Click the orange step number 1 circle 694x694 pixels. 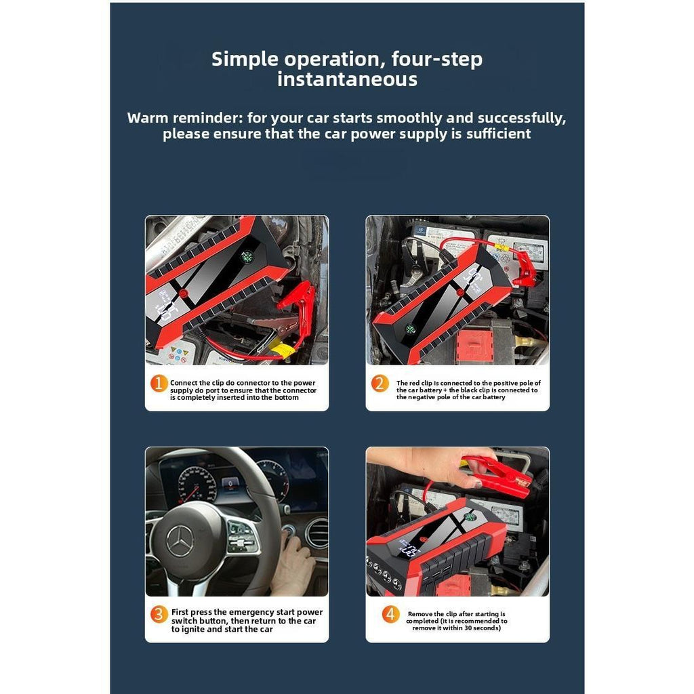159,384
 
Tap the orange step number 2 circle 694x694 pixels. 380,384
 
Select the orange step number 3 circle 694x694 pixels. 159,615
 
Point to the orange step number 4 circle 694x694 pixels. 390,615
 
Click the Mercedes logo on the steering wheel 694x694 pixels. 180,541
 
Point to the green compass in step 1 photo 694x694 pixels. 246,257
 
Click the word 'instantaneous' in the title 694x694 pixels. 347,80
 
